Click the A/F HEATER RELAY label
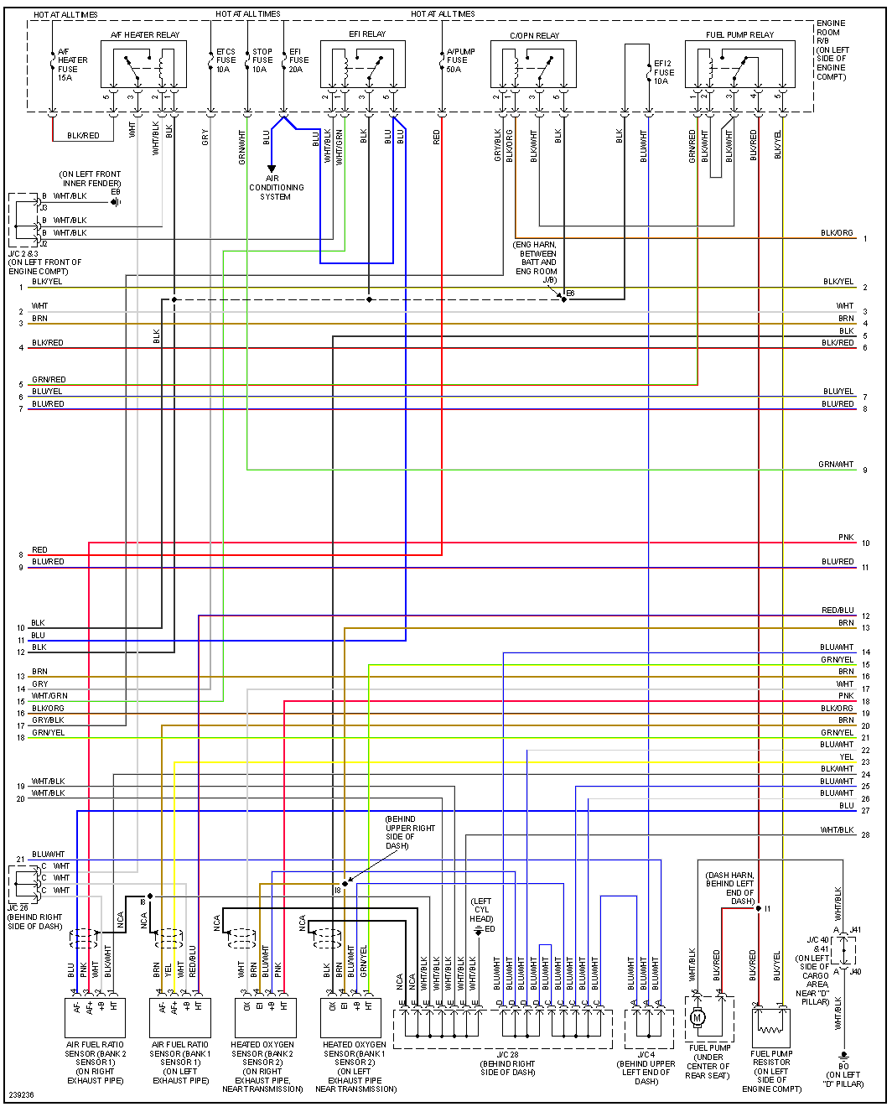coord(145,35)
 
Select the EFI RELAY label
coord(367,34)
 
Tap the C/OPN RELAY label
coord(535,36)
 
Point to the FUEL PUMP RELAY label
coord(739,35)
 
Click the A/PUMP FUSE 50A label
coord(460,60)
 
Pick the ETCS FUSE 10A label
coord(226,60)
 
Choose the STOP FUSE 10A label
coord(262,60)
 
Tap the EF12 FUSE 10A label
coord(663,72)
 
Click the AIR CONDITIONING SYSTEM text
coord(276,188)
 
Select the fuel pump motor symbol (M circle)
coord(698,1018)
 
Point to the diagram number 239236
coord(22,1095)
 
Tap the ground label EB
coord(116,192)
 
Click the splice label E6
coord(570,294)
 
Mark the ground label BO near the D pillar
coord(843,1067)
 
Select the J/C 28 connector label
coord(507,1054)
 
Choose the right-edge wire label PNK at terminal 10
coord(846,538)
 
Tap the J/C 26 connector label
coord(18,907)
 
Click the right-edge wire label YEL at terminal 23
coord(847,757)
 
